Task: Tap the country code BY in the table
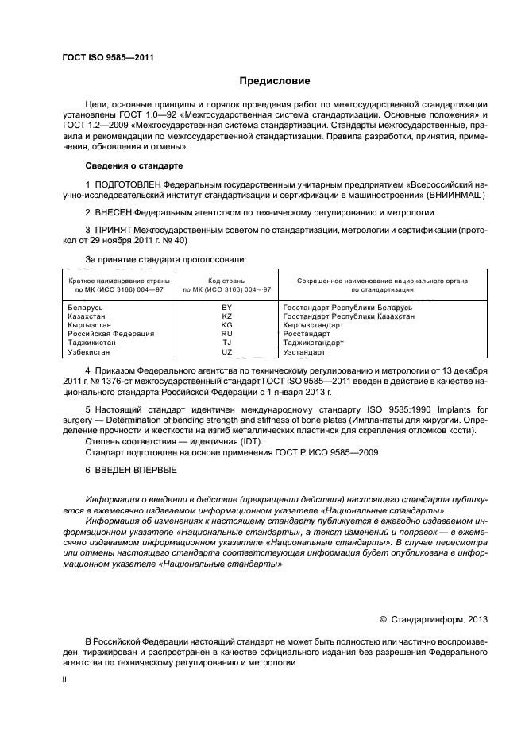click(226, 307)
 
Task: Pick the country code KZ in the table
click(226, 316)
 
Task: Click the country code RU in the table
click(226, 334)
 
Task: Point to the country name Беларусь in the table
click(86, 307)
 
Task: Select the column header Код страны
click(226, 281)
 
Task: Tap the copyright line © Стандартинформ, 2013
click(434, 618)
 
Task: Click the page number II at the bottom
click(65, 680)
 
